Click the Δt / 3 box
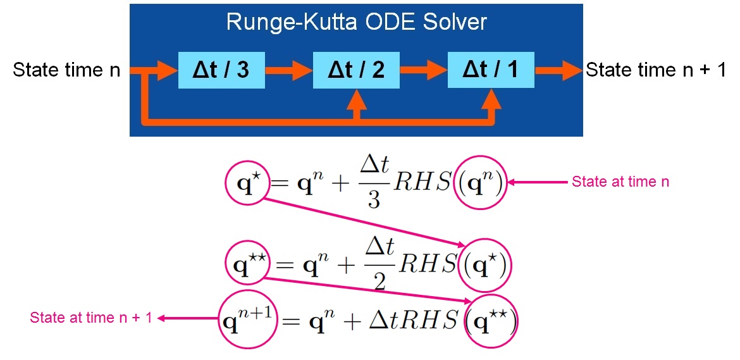click(x=221, y=70)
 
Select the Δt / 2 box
click(x=357, y=70)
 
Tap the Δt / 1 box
click(x=490, y=70)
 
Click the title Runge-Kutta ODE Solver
click(x=357, y=22)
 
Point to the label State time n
click(x=66, y=70)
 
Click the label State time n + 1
click(x=656, y=70)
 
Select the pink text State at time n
click(x=620, y=182)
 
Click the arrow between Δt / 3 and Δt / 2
click(x=289, y=70)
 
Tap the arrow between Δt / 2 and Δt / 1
click(x=424, y=70)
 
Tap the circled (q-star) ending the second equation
click(x=488, y=265)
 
